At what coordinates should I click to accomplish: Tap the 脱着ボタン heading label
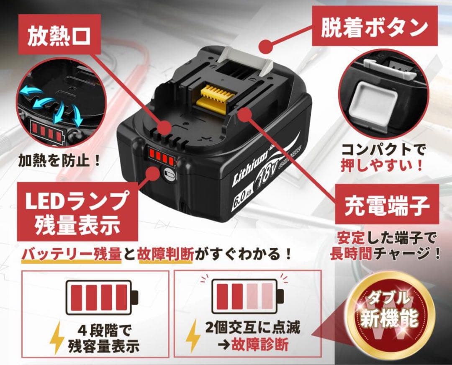pos(374,28)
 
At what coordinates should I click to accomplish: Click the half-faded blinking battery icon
pos(247,296)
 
